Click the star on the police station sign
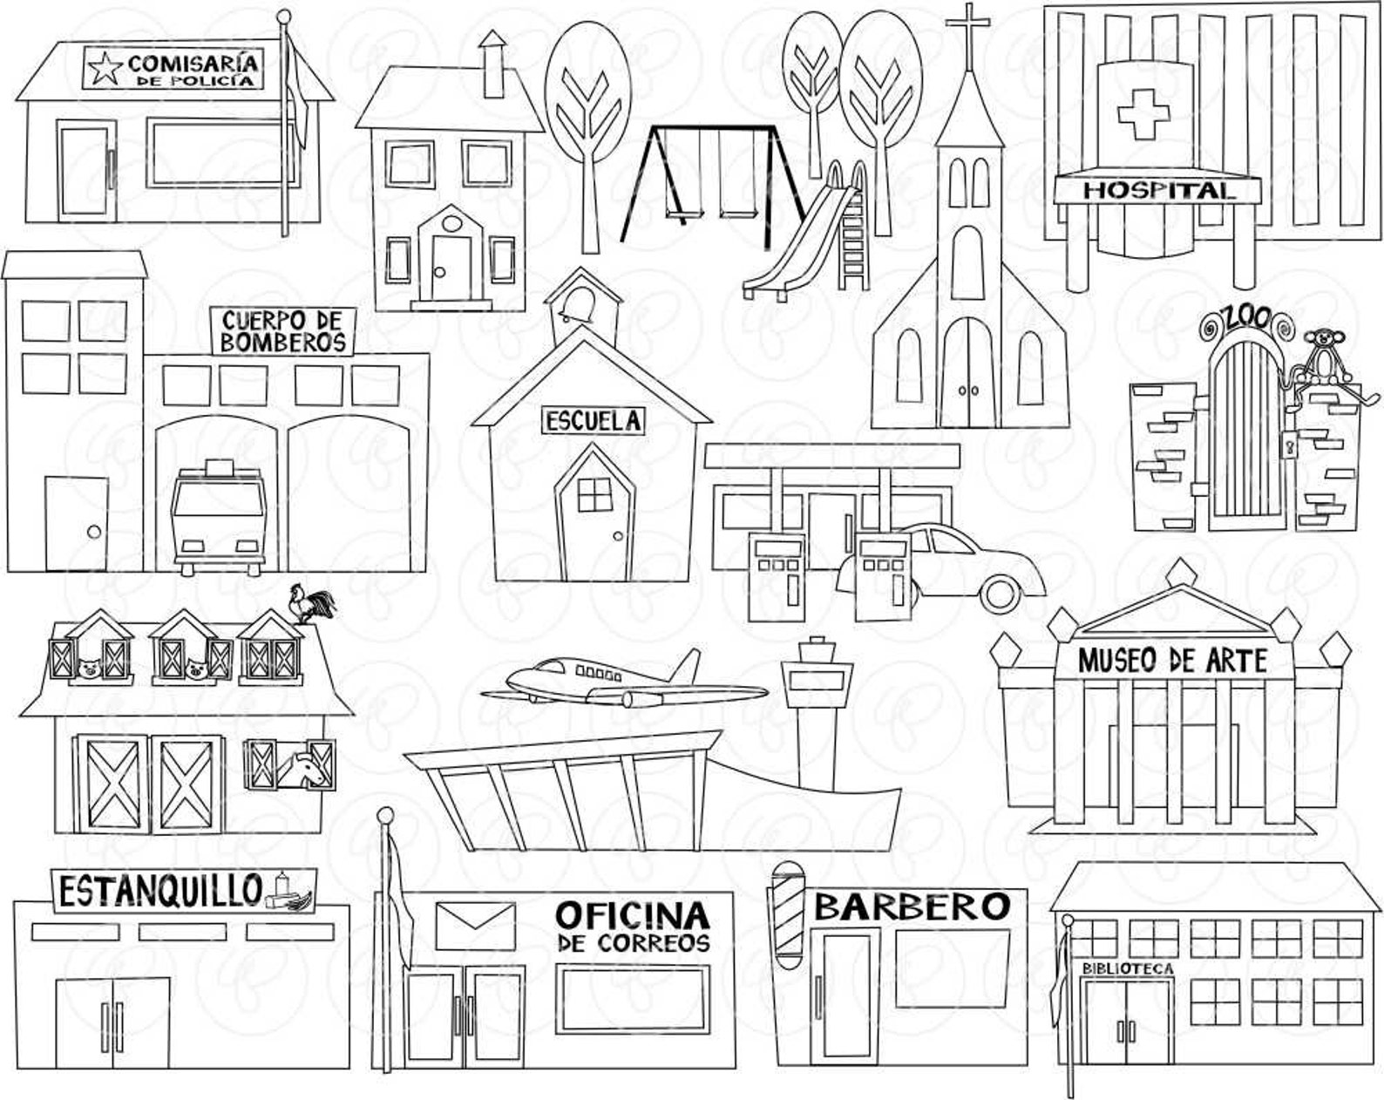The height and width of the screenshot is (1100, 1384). (104, 66)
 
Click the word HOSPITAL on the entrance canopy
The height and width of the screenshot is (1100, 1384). (1158, 189)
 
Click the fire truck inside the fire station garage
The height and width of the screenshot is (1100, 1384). (218, 519)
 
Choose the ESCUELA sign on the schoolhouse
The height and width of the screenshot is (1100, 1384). (594, 421)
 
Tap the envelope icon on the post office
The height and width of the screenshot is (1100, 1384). (474, 926)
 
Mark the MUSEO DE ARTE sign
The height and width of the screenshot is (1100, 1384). (1172, 660)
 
